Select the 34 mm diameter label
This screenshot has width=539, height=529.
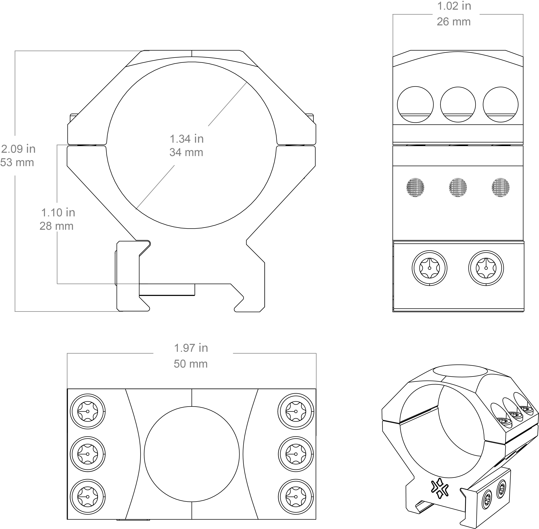click(186, 152)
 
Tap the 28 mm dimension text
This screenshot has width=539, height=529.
click(57, 226)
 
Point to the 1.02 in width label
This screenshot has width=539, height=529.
click(454, 6)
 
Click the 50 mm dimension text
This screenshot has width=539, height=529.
click(191, 364)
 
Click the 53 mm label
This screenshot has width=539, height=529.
click(17, 163)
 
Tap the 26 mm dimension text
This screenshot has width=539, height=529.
click(454, 22)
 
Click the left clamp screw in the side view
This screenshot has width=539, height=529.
click(429, 268)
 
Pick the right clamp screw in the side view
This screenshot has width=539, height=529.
click(486, 268)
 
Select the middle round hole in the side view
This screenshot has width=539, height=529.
click(458, 104)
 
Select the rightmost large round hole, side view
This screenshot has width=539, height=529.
click(500, 104)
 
